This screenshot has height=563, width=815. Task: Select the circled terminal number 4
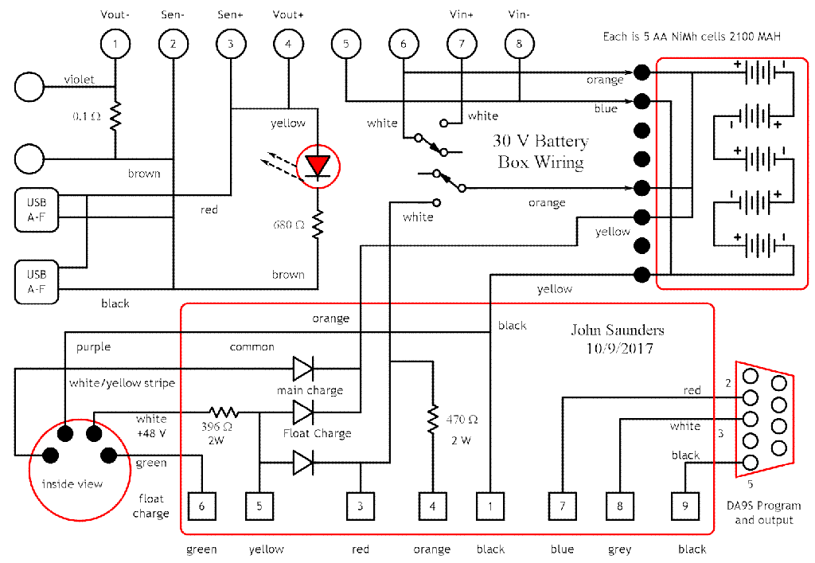tap(288, 44)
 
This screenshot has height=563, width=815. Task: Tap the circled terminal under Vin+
tap(461, 44)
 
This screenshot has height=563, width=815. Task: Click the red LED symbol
tap(318, 166)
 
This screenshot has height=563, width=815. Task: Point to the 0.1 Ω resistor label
tap(86, 116)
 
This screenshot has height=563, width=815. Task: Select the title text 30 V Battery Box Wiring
tap(540, 152)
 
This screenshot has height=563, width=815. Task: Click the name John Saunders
tap(617, 330)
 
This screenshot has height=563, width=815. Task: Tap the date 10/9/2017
tap(617, 348)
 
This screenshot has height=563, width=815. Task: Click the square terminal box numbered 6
tap(202, 506)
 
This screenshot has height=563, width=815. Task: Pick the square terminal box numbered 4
tap(432, 506)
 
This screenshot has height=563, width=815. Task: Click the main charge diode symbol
tap(303, 369)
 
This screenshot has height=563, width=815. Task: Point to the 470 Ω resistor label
tap(461, 419)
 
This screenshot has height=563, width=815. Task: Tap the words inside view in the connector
tap(72, 484)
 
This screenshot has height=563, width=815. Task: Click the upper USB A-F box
tap(37, 209)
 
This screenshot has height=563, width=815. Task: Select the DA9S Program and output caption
tap(763, 513)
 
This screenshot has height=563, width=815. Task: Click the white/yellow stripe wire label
tap(122, 383)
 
